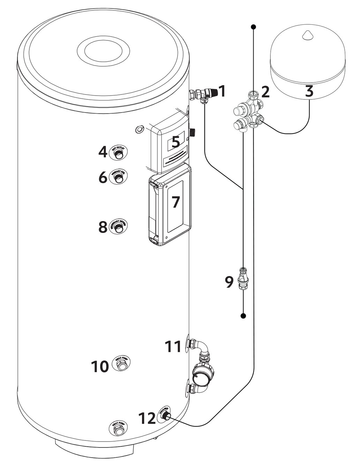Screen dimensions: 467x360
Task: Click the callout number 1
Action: [222, 91]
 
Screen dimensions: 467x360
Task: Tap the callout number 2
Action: [265, 92]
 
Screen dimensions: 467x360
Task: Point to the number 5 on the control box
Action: [175, 142]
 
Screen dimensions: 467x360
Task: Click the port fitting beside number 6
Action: [119, 178]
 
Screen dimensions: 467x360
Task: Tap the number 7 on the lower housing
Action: [175, 202]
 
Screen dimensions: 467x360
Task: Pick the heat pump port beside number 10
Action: [121, 365]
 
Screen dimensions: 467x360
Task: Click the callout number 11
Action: [173, 347]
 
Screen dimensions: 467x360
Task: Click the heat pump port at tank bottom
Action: [119, 429]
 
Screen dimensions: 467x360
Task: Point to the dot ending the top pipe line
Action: [254, 27]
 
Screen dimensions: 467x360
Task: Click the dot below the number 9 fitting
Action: [243, 316]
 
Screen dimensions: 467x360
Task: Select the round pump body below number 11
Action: [204, 373]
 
